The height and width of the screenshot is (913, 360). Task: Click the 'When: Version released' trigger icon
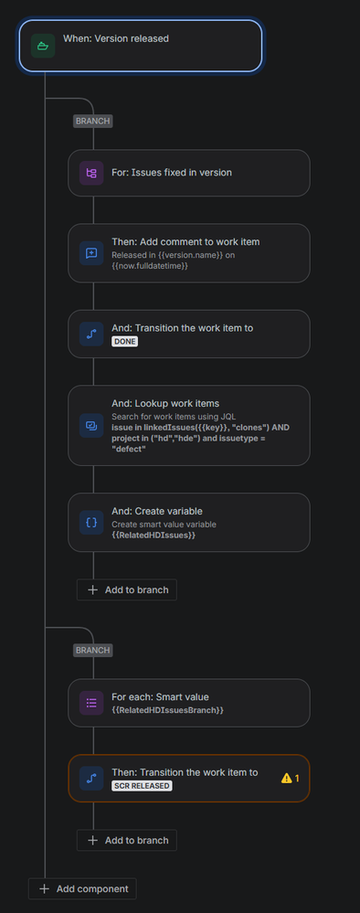43,45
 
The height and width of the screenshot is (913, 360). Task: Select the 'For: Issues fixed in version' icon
91,173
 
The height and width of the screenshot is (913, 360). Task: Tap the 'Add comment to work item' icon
91,253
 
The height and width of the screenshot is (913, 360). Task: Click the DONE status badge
123,341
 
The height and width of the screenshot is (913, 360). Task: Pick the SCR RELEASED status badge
142,785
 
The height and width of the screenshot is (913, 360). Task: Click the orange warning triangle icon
287,778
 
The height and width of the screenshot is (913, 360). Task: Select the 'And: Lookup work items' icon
91,426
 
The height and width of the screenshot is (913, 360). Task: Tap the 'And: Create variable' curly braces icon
91,522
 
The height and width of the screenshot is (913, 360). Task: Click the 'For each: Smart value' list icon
91,703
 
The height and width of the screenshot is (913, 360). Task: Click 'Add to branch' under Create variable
127,589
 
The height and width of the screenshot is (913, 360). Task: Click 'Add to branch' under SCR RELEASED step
127,840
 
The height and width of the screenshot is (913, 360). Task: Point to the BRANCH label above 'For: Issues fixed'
92,121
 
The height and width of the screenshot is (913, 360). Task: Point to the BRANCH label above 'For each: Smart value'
92,650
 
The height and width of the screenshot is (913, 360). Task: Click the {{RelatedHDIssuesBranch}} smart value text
167,709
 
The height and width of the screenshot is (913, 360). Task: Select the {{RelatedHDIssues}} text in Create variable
154,536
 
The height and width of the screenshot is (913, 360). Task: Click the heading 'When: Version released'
115,39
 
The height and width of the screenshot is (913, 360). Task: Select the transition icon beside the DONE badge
91,334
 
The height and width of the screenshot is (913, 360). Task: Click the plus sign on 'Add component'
43,888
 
